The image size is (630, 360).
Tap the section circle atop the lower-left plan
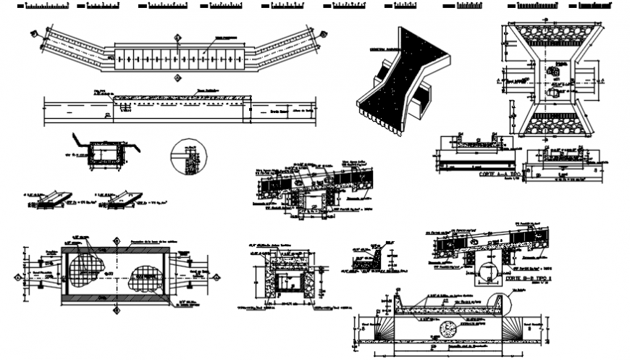point(116,240)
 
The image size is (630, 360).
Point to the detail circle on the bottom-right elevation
point(498,304)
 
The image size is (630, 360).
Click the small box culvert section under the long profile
point(105,154)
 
